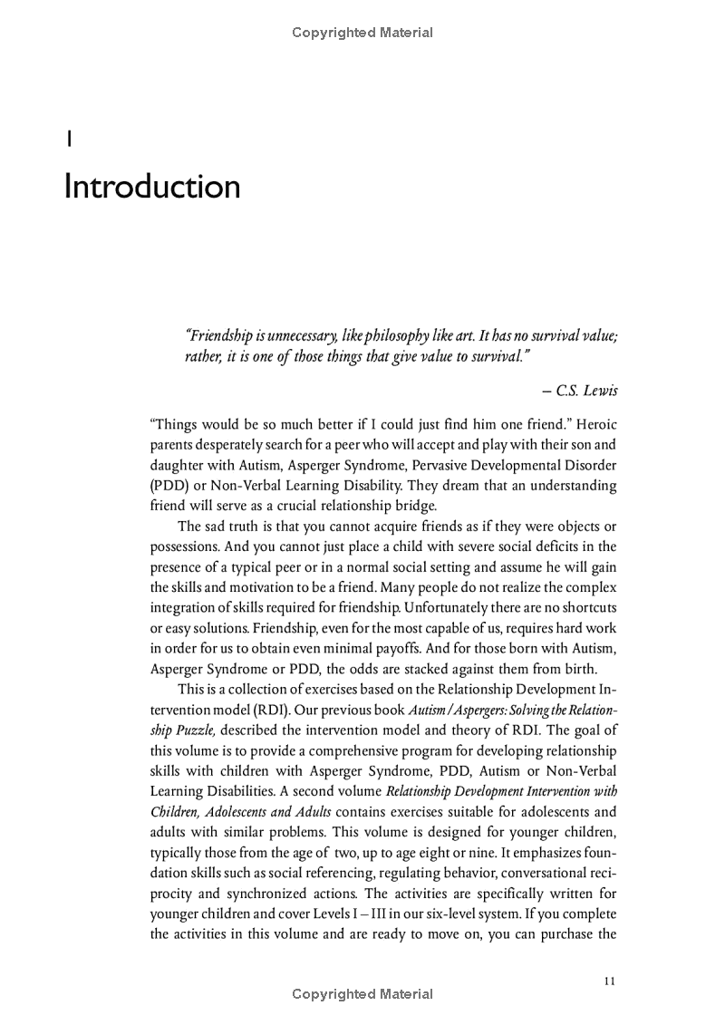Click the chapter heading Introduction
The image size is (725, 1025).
pyautogui.click(x=152, y=187)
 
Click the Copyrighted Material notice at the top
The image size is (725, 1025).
pyautogui.click(x=362, y=33)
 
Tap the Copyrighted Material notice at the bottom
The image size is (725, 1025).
pyautogui.click(x=362, y=994)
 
